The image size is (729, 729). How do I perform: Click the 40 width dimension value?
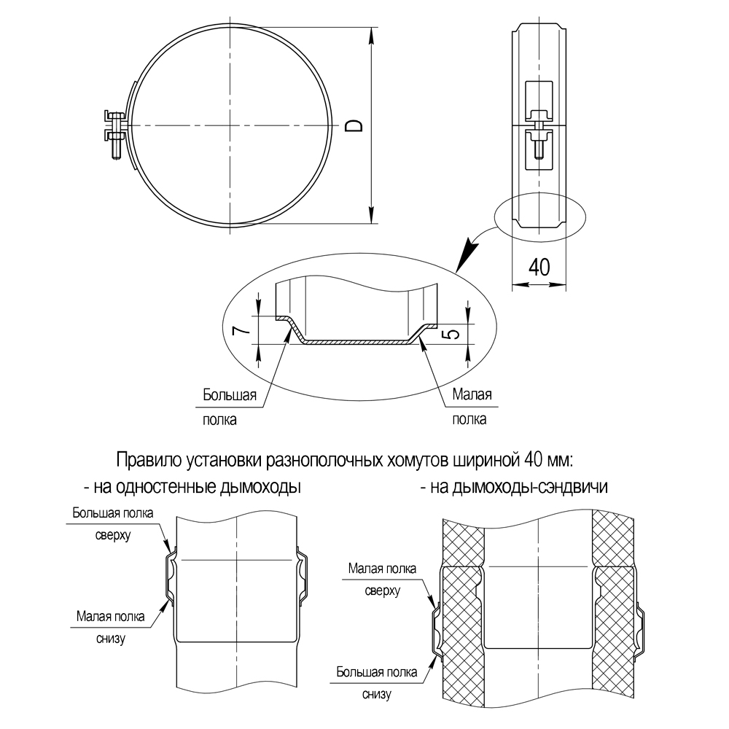[x=539, y=267]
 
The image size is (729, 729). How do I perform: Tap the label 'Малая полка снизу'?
[x=110, y=627]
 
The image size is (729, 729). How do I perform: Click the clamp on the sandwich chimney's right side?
[x=641, y=628]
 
